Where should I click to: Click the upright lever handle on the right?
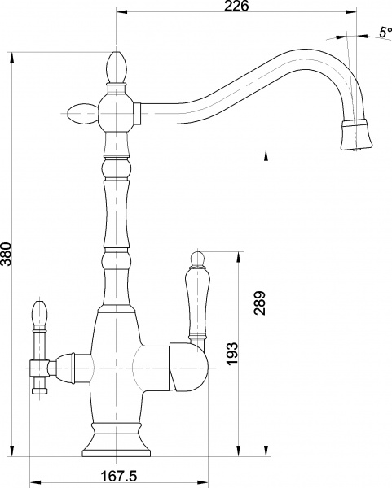tap(196, 303)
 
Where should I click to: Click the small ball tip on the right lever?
tap(196, 257)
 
